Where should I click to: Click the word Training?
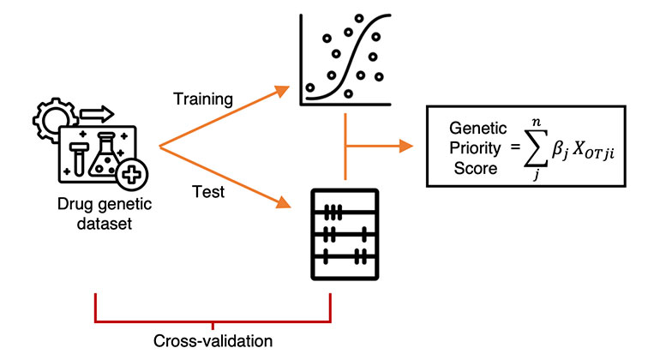(203, 99)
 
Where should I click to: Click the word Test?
(208, 192)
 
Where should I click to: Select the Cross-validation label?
(214, 341)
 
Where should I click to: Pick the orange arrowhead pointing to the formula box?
(404, 146)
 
